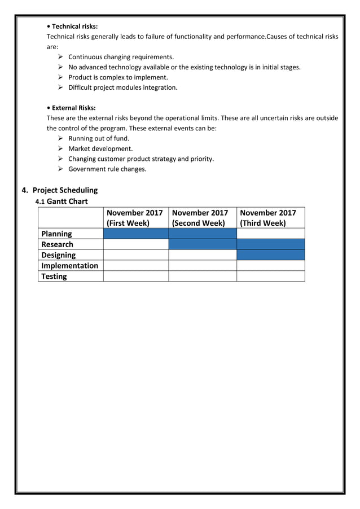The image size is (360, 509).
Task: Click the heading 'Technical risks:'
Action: point(74,26)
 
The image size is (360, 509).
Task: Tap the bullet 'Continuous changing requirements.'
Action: point(121,57)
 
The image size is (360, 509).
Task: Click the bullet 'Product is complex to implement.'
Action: point(118,77)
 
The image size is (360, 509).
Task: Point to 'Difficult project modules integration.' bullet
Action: point(122,87)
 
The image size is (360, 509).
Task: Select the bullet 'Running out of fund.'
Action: point(99,138)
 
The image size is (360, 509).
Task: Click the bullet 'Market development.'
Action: point(100,148)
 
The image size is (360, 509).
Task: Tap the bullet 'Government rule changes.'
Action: point(107,169)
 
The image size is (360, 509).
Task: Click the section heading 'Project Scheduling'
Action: point(65,190)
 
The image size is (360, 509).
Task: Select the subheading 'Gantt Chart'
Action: point(67,201)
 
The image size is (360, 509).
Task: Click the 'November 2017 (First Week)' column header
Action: point(135,217)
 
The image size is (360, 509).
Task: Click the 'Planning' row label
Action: point(56,234)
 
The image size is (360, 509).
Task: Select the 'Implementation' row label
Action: point(69,266)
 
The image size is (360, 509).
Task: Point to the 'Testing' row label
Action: point(54,277)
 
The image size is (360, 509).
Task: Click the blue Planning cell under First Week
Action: point(135,234)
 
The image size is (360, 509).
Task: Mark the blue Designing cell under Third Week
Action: point(270,255)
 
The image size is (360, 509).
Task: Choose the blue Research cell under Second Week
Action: point(202,244)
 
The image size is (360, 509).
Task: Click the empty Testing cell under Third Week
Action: point(270,277)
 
